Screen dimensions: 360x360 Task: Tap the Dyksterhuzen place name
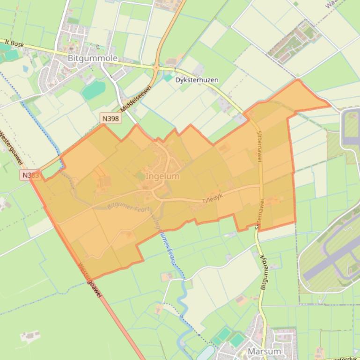(x=197, y=80)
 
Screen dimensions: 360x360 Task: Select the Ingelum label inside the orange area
(x=162, y=176)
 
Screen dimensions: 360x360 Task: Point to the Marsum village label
(x=264, y=351)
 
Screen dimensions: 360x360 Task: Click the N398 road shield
(x=111, y=119)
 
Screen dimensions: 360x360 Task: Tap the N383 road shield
(x=30, y=175)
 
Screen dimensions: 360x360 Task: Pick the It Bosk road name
(x=14, y=43)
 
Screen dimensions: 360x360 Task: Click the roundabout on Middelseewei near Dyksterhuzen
(x=156, y=68)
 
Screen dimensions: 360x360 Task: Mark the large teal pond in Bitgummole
(x=94, y=90)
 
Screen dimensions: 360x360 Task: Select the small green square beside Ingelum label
(x=140, y=176)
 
